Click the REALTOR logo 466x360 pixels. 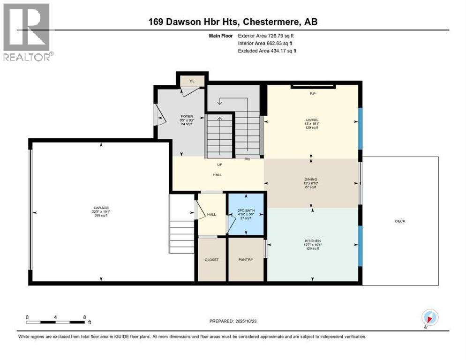coord(27,31)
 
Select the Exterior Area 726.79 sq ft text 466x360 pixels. coord(266,35)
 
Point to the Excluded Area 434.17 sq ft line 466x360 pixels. coord(267,51)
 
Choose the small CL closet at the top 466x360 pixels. coord(192,81)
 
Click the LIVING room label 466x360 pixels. coord(311,120)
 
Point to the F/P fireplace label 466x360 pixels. coord(312,94)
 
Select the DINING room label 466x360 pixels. coord(311,179)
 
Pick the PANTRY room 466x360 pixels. coord(246,259)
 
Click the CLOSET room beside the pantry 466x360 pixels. coord(211,259)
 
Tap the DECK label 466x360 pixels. coord(400,221)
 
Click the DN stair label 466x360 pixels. coord(247,159)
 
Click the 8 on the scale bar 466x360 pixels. coord(84,317)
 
